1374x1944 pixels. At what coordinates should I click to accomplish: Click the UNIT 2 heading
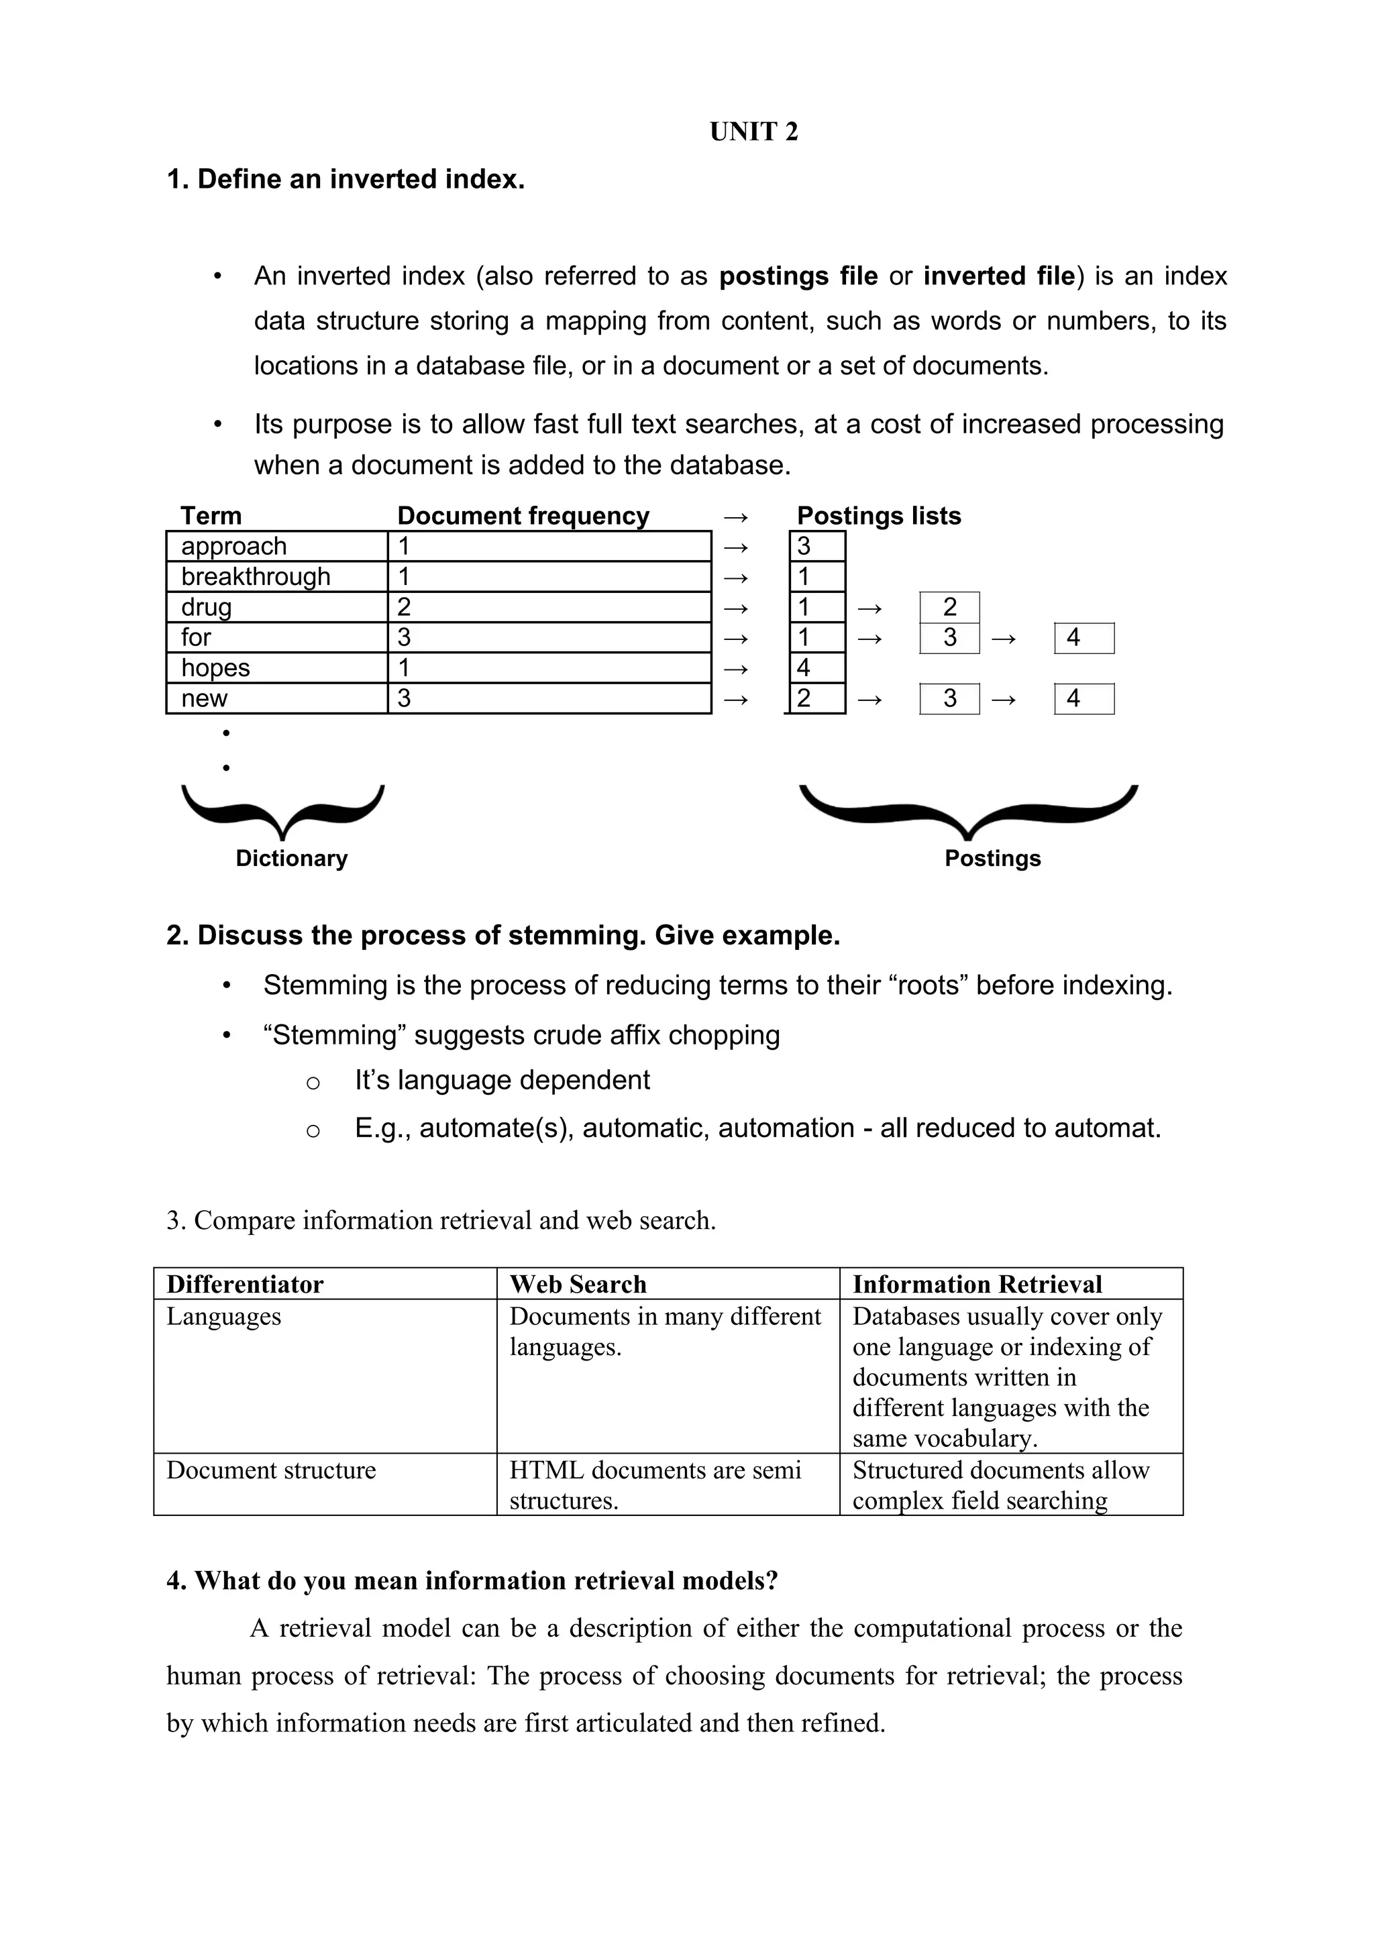[x=753, y=131]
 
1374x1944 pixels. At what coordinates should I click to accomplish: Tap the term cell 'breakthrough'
[x=256, y=577]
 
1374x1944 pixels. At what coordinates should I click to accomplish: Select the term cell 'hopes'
[x=216, y=668]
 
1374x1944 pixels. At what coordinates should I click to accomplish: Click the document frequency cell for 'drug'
[x=549, y=607]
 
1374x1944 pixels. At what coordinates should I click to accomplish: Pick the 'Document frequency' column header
[x=523, y=516]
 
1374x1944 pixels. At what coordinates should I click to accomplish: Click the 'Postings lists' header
[x=879, y=516]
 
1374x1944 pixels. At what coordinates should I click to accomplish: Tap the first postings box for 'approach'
[x=817, y=546]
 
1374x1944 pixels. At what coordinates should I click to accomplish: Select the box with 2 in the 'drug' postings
[x=949, y=607]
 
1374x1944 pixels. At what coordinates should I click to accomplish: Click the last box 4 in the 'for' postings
[x=1084, y=637]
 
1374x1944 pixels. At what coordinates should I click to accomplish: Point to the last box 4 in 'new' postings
[x=1084, y=698]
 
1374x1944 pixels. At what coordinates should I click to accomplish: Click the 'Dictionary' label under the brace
[x=291, y=858]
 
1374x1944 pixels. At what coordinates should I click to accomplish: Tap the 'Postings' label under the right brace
[x=992, y=858]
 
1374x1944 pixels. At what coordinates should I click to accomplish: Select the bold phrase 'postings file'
[x=798, y=276]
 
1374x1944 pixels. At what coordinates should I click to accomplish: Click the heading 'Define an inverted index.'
[x=361, y=180]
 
